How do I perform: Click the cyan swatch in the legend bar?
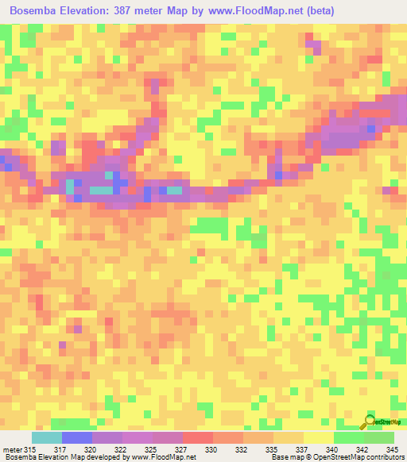[x=46, y=438]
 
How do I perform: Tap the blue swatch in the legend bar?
[x=76, y=438]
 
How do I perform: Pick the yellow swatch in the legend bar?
[x=318, y=438]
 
